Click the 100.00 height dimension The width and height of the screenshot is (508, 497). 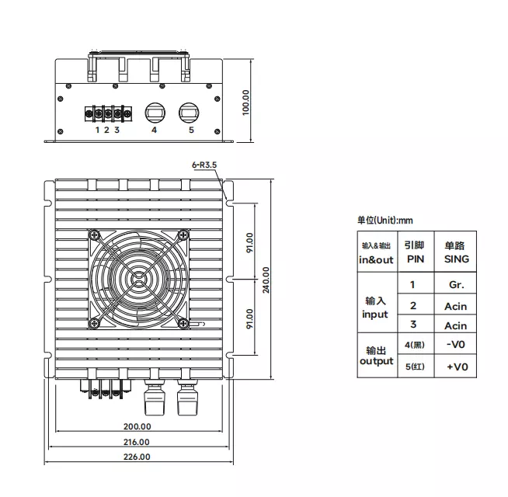tap(246, 103)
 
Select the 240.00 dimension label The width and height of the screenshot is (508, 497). tap(266, 280)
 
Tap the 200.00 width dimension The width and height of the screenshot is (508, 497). tap(137, 426)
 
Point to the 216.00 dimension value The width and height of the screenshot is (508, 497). tap(137, 442)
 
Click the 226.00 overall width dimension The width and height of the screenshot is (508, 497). tap(137, 457)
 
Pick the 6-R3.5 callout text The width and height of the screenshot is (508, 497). tap(204, 165)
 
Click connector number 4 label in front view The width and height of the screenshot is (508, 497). tap(155, 130)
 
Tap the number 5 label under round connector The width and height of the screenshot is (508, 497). tap(192, 130)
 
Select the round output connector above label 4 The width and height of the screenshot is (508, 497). tap(155, 113)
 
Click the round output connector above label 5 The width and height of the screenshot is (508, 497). tap(190, 113)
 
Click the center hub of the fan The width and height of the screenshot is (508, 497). tap(139, 280)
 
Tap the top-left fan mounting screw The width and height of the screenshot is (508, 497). tap(95, 235)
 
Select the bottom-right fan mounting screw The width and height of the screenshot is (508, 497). tap(183, 323)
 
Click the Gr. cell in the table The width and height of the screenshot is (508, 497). tap(456, 285)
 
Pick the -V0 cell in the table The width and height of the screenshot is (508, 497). tap(455, 344)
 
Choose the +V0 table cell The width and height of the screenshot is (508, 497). tap(458, 367)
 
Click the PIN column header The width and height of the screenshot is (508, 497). tap(416, 259)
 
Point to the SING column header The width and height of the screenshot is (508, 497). tap(457, 259)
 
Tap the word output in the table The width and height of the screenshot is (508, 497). tap(377, 361)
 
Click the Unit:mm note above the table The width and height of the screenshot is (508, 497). tap(385, 221)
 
